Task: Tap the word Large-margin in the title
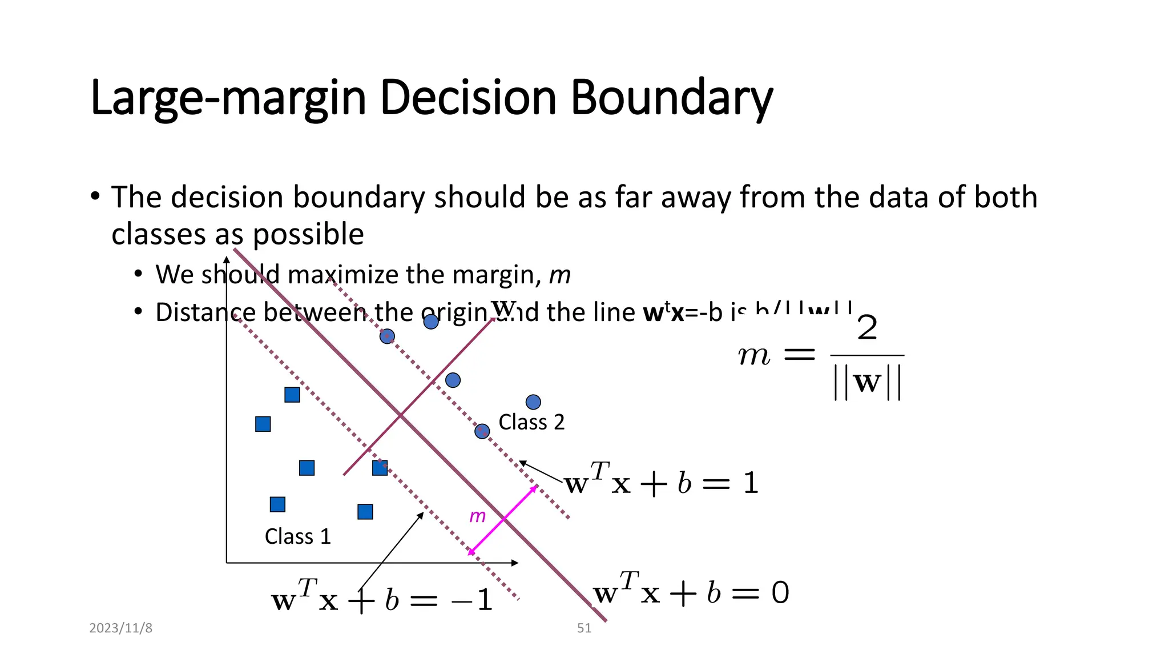228,98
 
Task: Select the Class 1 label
297,537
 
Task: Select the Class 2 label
531,422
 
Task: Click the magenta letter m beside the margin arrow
477,516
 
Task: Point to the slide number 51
584,628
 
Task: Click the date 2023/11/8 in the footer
121,628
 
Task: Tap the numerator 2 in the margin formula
867,328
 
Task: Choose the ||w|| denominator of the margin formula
867,382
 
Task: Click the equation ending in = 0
691,592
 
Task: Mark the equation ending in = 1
661,483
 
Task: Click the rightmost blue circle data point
533,402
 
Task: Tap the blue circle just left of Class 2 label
482,431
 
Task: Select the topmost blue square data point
292,395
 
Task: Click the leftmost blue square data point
263,424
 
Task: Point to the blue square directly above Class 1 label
277,504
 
